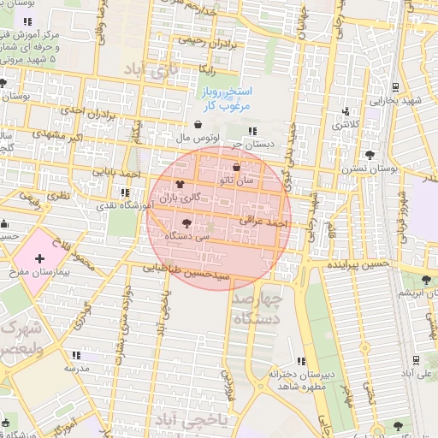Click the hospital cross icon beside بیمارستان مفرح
click(40, 257)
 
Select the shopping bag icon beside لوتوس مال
click(198, 124)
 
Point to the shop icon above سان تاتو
click(237, 168)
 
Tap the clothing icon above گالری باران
click(180, 184)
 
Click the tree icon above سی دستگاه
click(187, 222)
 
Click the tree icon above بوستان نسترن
click(369, 155)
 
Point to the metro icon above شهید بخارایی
click(396, 86)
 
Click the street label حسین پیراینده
click(358, 264)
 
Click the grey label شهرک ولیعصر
click(19, 338)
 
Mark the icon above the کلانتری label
click(346, 111)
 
